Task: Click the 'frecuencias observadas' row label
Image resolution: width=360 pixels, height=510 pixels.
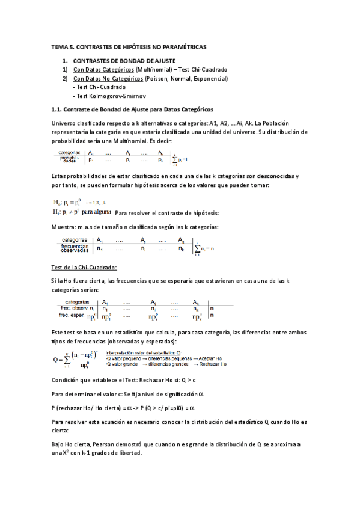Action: pyautogui.click(x=75, y=248)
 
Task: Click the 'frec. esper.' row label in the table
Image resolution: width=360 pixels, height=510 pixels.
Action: pyautogui.click(x=71, y=315)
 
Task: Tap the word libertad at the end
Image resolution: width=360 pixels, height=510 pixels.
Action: pyautogui.click(x=128, y=453)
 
